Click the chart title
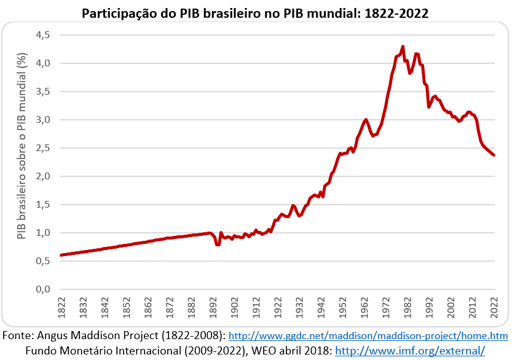tap(256, 13)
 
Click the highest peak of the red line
tap(403, 47)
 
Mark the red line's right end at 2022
tap(494, 155)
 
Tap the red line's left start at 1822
tap(61, 255)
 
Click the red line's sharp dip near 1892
tap(218, 245)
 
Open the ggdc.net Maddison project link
tap(368, 337)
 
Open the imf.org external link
tap(409, 351)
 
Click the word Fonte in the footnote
tap(18, 336)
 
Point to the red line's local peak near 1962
tap(366, 120)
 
